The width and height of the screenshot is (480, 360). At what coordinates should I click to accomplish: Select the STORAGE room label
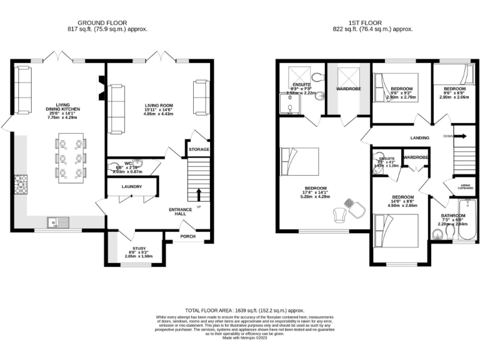pyautogui.click(x=199, y=150)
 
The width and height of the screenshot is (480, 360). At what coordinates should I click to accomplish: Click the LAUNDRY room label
pyautogui.click(x=131, y=187)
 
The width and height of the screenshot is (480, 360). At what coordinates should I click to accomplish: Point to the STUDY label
pyautogui.click(x=134, y=249)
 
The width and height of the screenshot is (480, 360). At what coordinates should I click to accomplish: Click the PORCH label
pyautogui.click(x=187, y=236)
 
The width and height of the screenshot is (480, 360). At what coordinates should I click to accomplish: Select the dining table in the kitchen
pyautogui.click(x=70, y=157)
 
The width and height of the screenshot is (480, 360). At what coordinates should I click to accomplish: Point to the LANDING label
pyautogui.click(x=419, y=139)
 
